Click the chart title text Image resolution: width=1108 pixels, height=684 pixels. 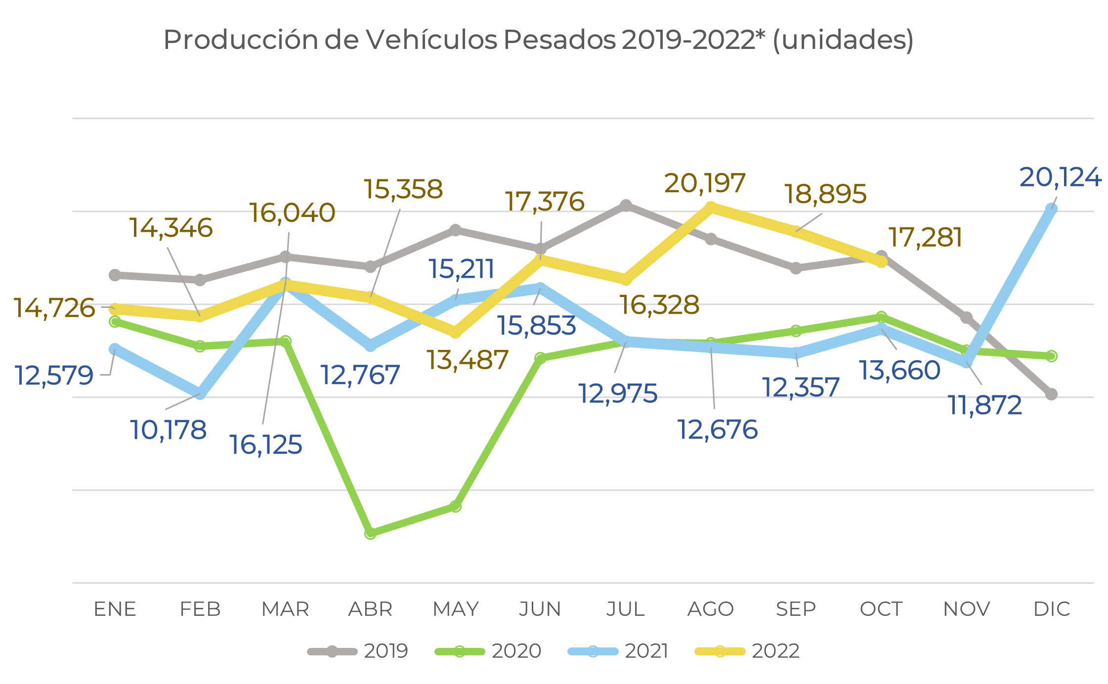(x=538, y=40)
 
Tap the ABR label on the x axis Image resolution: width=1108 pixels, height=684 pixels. (x=370, y=609)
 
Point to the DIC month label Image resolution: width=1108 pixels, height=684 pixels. (x=1052, y=609)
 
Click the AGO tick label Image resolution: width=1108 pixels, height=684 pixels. (x=711, y=609)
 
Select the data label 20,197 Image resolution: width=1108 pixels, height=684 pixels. (x=705, y=183)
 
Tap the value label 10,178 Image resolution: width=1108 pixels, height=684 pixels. (x=169, y=429)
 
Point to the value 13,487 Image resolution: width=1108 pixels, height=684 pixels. (x=467, y=359)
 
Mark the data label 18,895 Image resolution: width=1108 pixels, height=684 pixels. (x=825, y=194)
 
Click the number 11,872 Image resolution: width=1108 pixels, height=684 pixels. (x=985, y=405)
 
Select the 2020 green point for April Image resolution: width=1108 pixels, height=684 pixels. (x=370, y=533)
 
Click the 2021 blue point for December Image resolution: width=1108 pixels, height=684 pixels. (x=1052, y=209)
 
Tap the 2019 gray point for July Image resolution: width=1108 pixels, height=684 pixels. (x=626, y=205)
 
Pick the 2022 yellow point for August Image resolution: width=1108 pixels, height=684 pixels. (x=711, y=207)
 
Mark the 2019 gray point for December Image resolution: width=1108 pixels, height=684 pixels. (x=1052, y=394)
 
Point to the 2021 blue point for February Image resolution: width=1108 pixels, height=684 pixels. (x=200, y=393)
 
